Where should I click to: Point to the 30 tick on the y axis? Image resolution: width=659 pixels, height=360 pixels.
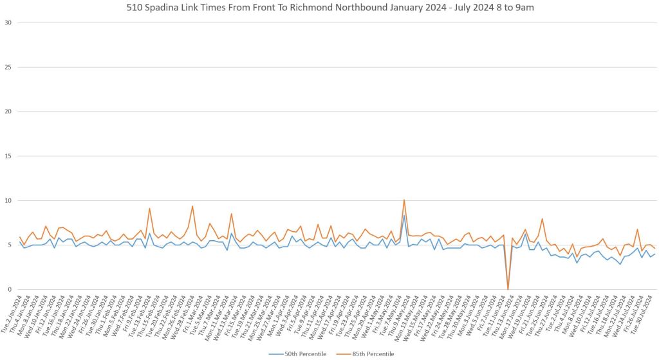tap(9, 23)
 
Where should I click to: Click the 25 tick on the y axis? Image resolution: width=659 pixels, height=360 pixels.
tap(9, 67)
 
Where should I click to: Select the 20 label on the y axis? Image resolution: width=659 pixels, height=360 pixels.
tap(9, 111)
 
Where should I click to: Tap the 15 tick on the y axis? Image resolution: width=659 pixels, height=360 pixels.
tap(9, 156)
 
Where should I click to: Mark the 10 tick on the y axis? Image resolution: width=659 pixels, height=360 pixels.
tap(9, 200)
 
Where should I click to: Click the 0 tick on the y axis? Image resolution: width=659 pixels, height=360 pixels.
tap(11, 289)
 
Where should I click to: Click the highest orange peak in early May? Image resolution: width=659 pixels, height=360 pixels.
tap(404, 200)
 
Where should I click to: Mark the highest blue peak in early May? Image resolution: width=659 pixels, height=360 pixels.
tap(404, 215)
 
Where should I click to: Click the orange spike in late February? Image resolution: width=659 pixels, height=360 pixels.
tap(192, 206)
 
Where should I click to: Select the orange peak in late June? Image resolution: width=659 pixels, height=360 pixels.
tap(543, 219)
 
